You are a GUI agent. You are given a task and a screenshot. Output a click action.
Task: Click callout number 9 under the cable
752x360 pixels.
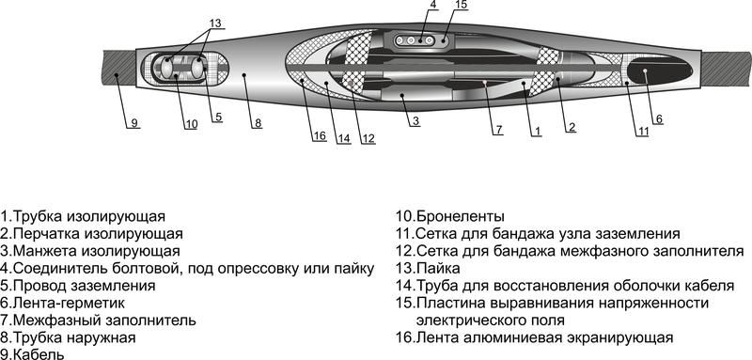point(133,123)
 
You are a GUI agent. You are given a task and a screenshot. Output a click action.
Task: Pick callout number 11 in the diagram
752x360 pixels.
point(642,131)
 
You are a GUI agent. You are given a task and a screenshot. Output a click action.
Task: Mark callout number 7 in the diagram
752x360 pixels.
point(498,128)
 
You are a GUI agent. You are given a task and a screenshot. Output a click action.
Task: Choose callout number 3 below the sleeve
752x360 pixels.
point(414,121)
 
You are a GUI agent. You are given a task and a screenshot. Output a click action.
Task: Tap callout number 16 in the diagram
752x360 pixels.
point(321,137)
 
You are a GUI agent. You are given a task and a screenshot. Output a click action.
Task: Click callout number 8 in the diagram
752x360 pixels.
point(258,123)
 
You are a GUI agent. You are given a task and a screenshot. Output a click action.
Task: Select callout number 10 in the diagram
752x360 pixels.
point(191,124)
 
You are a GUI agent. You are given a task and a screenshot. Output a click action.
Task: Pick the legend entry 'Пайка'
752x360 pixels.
point(433,268)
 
